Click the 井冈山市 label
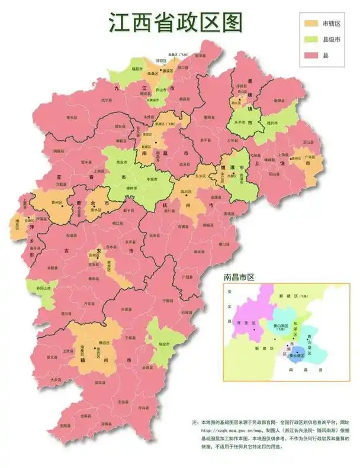37,288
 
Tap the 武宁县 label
106,100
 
